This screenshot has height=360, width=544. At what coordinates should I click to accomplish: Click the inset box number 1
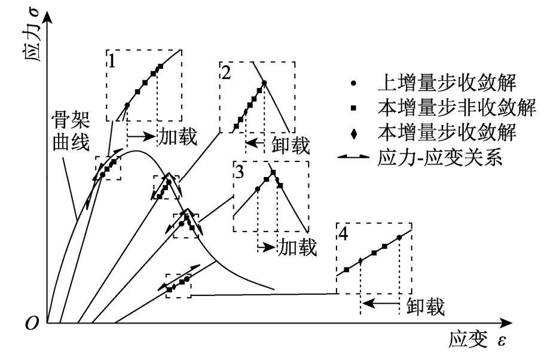click(112, 60)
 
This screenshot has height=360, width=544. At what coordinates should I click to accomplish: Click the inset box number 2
click(226, 72)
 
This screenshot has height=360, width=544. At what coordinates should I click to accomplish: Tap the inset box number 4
click(343, 233)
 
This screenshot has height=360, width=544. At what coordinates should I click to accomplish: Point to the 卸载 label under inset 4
click(425, 306)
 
